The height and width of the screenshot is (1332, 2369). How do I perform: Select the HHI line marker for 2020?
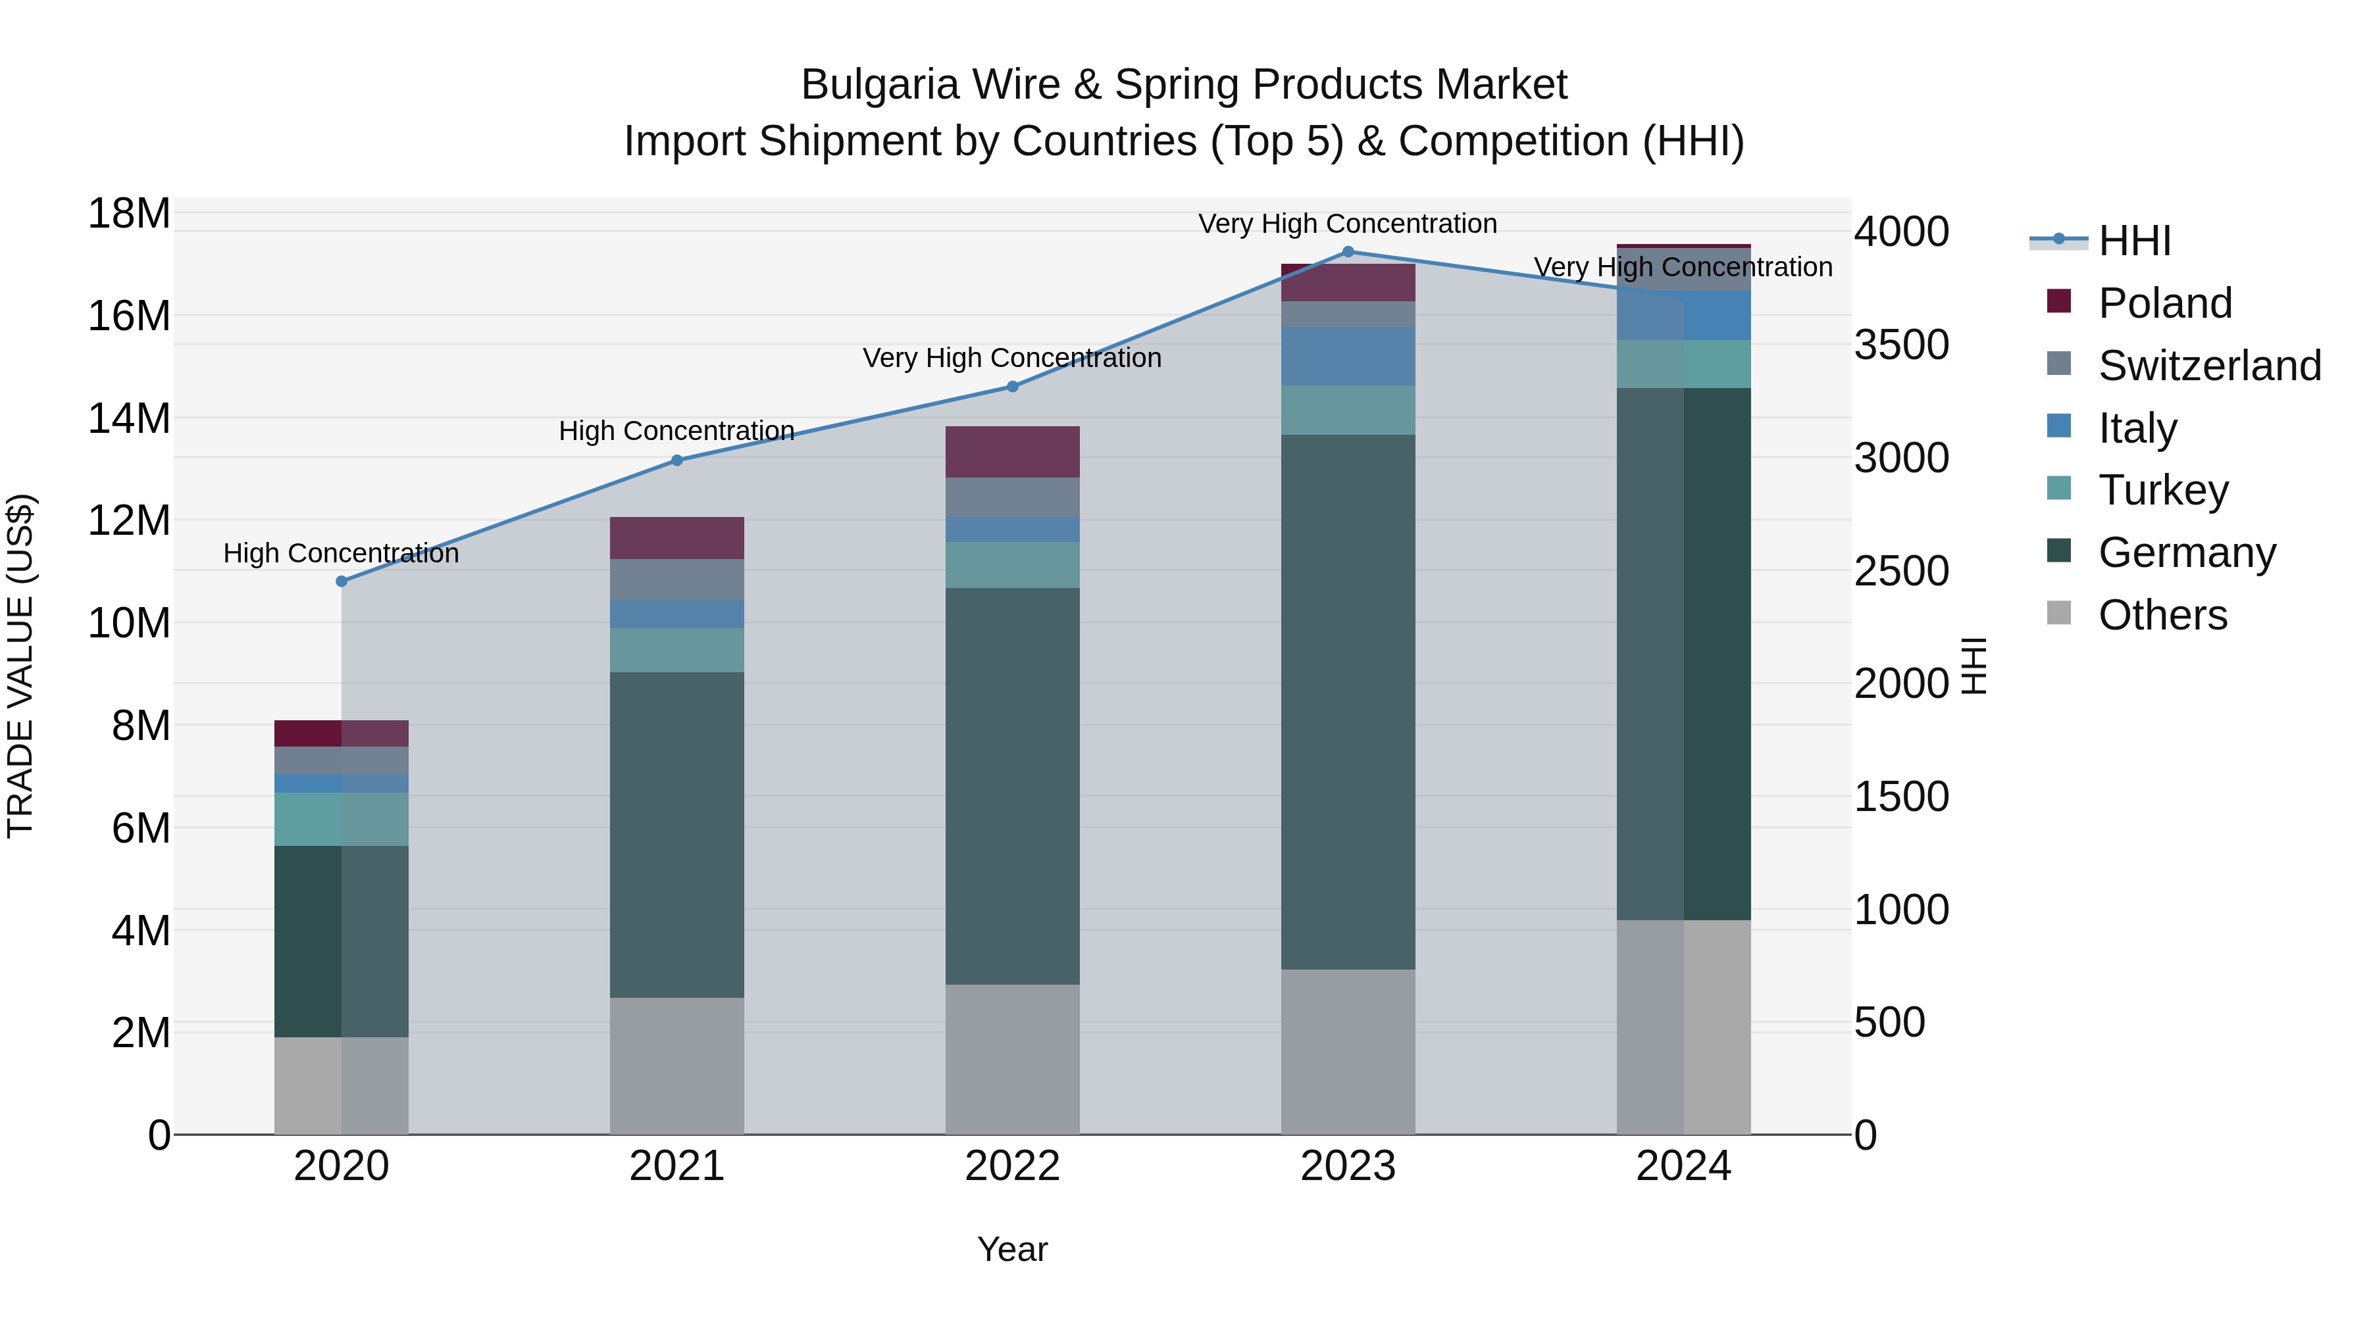[341, 581]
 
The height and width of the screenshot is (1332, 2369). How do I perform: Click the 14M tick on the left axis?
[129, 418]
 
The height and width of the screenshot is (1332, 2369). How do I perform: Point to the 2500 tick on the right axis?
[1900, 571]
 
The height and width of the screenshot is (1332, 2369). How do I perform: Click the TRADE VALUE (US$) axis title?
[20, 666]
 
